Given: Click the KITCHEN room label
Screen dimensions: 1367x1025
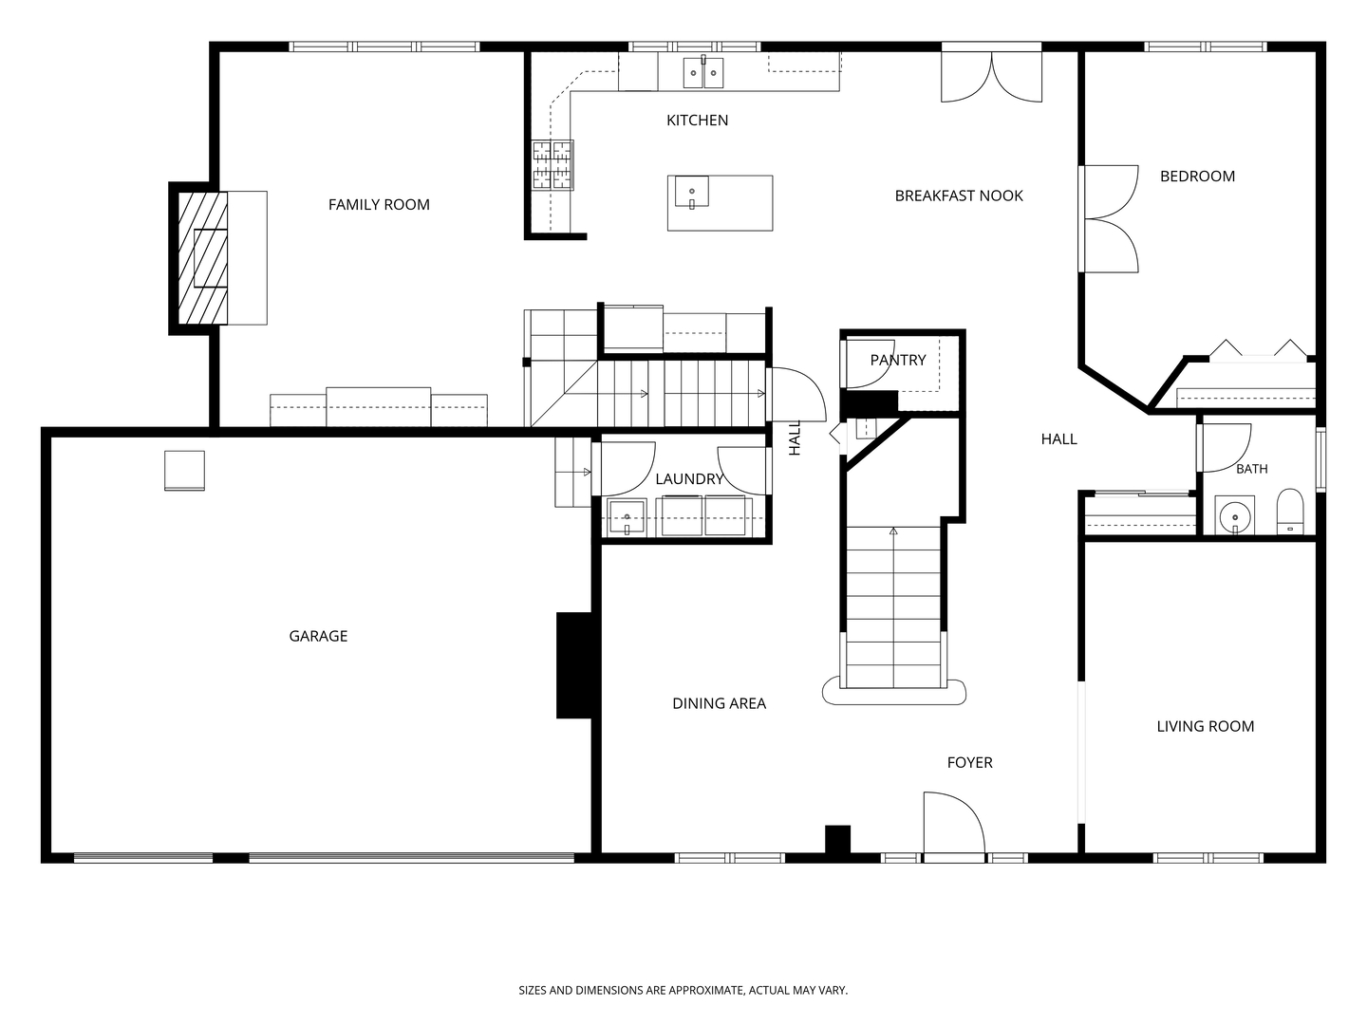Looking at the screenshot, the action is (697, 121).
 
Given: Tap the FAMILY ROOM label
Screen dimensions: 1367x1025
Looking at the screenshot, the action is (379, 205).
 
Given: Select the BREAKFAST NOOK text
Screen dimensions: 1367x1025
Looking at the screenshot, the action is (959, 196).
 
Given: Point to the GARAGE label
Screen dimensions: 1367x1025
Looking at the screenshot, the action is (318, 636).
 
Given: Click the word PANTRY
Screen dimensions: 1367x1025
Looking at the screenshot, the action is (897, 360).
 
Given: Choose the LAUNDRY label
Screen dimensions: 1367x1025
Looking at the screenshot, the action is (689, 479).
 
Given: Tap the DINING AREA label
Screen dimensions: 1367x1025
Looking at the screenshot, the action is (719, 703).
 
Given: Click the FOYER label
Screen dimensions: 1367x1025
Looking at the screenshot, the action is (969, 762).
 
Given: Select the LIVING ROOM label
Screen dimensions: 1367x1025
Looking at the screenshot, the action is (1205, 726).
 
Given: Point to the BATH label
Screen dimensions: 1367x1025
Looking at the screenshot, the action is (1252, 469).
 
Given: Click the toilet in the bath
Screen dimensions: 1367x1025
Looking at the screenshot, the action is (1290, 512).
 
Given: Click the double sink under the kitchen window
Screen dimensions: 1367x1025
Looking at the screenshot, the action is (703, 73).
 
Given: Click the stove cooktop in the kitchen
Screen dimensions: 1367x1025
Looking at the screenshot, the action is (552, 164).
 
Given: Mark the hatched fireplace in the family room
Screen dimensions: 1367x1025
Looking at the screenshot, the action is (203, 257).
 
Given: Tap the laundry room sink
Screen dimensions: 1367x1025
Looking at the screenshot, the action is (627, 516).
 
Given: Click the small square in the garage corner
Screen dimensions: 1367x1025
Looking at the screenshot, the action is (184, 471).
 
